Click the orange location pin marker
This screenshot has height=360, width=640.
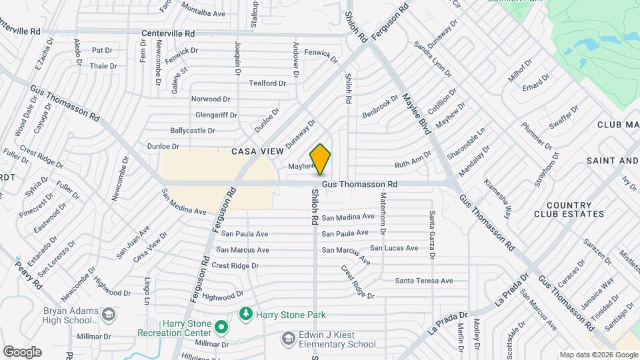coord(320,159)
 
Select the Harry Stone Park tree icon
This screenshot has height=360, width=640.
coord(246,313)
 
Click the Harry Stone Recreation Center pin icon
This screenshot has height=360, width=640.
coord(221,327)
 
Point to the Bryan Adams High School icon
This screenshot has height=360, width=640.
coord(108,313)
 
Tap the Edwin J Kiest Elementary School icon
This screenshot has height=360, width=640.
coord(288,339)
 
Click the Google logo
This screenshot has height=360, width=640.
coord(22,351)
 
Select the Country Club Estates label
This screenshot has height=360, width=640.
coord(569,210)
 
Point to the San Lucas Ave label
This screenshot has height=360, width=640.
coord(394,248)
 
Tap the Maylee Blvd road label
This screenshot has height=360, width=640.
coord(415,113)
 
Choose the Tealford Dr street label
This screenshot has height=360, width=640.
coord(267,83)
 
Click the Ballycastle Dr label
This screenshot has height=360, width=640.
coord(193,131)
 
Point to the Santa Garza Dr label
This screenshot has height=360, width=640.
coord(432,234)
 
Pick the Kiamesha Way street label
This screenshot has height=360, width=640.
coord(498,198)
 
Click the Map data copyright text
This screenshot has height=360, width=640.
coord(599,355)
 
